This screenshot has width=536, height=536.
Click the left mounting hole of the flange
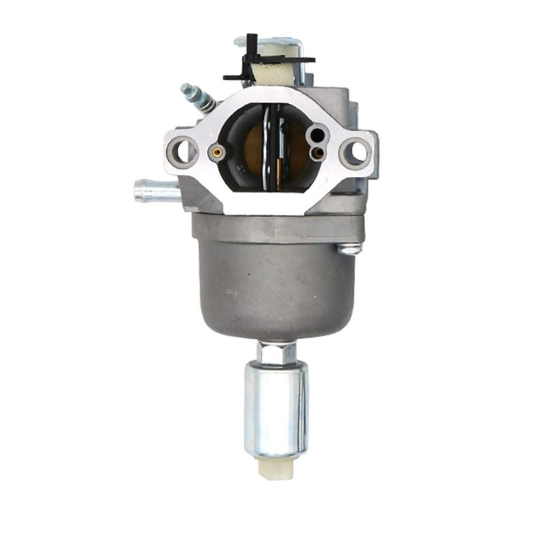[183, 152]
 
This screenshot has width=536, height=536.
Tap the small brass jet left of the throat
[216, 152]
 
